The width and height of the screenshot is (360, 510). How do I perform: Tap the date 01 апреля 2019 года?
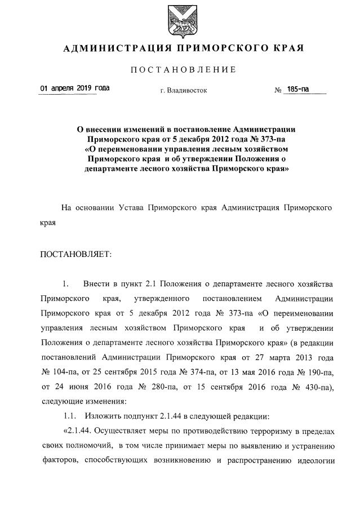tap(75, 88)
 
